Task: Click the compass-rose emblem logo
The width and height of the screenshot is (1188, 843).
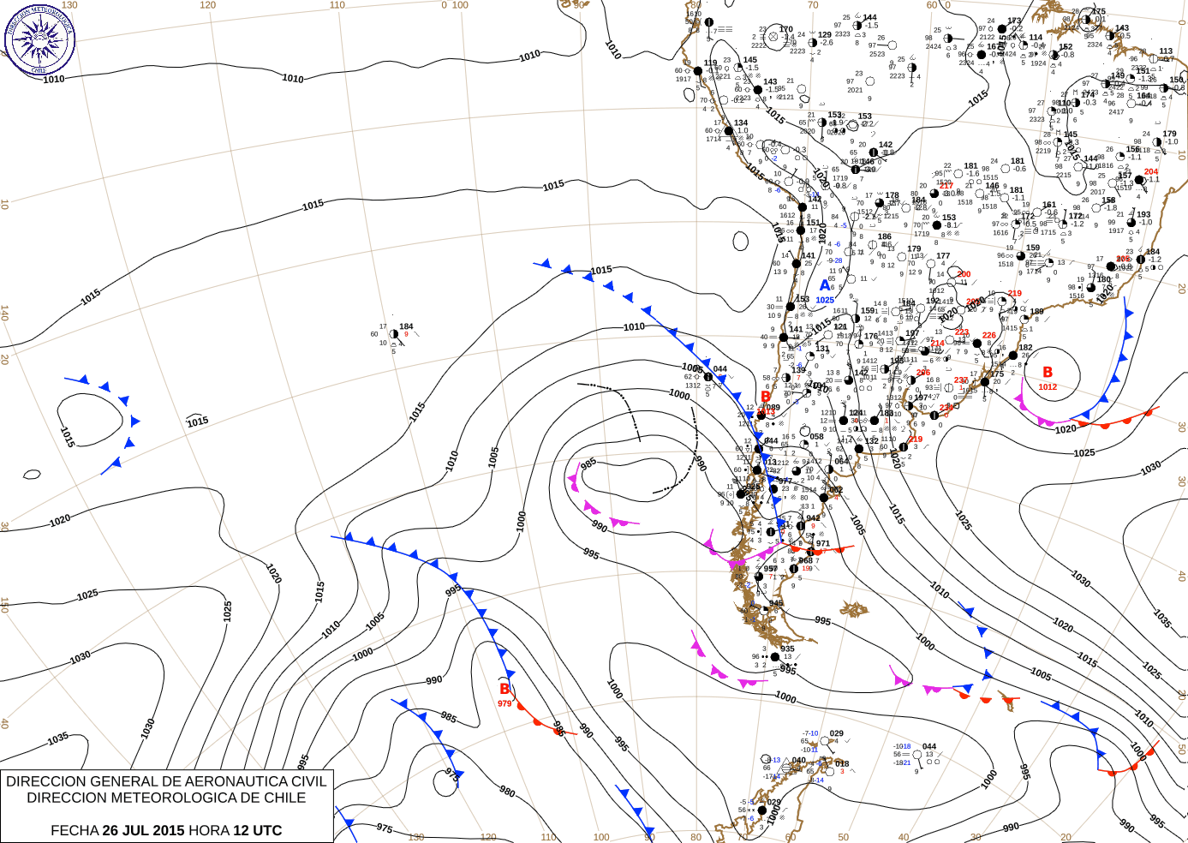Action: [x=39, y=39]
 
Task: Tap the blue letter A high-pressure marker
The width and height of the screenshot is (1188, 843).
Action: [x=825, y=285]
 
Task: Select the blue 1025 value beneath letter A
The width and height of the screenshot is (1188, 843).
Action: [x=825, y=300]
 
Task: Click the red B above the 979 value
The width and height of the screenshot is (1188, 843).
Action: [x=504, y=689]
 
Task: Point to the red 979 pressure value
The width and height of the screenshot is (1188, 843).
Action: [x=504, y=703]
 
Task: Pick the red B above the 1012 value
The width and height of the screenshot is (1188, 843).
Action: [x=1048, y=372]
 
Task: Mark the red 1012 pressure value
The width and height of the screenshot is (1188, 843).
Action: [x=1048, y=387]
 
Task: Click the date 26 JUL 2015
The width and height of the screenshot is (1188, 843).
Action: [x=143, y=830]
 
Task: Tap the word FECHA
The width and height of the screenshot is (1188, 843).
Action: [x=75, y=830]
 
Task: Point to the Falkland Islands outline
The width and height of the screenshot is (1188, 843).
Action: [x=854, y=609]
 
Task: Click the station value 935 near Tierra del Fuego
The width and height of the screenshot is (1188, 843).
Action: [x=787, y=649]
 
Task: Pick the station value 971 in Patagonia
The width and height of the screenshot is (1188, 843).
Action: [x=823, y=543]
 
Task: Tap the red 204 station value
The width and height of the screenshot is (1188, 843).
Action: [x=1151, y=171]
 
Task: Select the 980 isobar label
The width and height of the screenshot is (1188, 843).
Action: [x=507, y=792]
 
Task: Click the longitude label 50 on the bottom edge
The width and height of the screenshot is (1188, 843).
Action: [x=844, y=837]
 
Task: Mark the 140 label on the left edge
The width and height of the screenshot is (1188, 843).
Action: [x=4, y=313]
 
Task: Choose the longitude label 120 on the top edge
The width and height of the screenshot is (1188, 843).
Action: [x=207, y=5]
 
